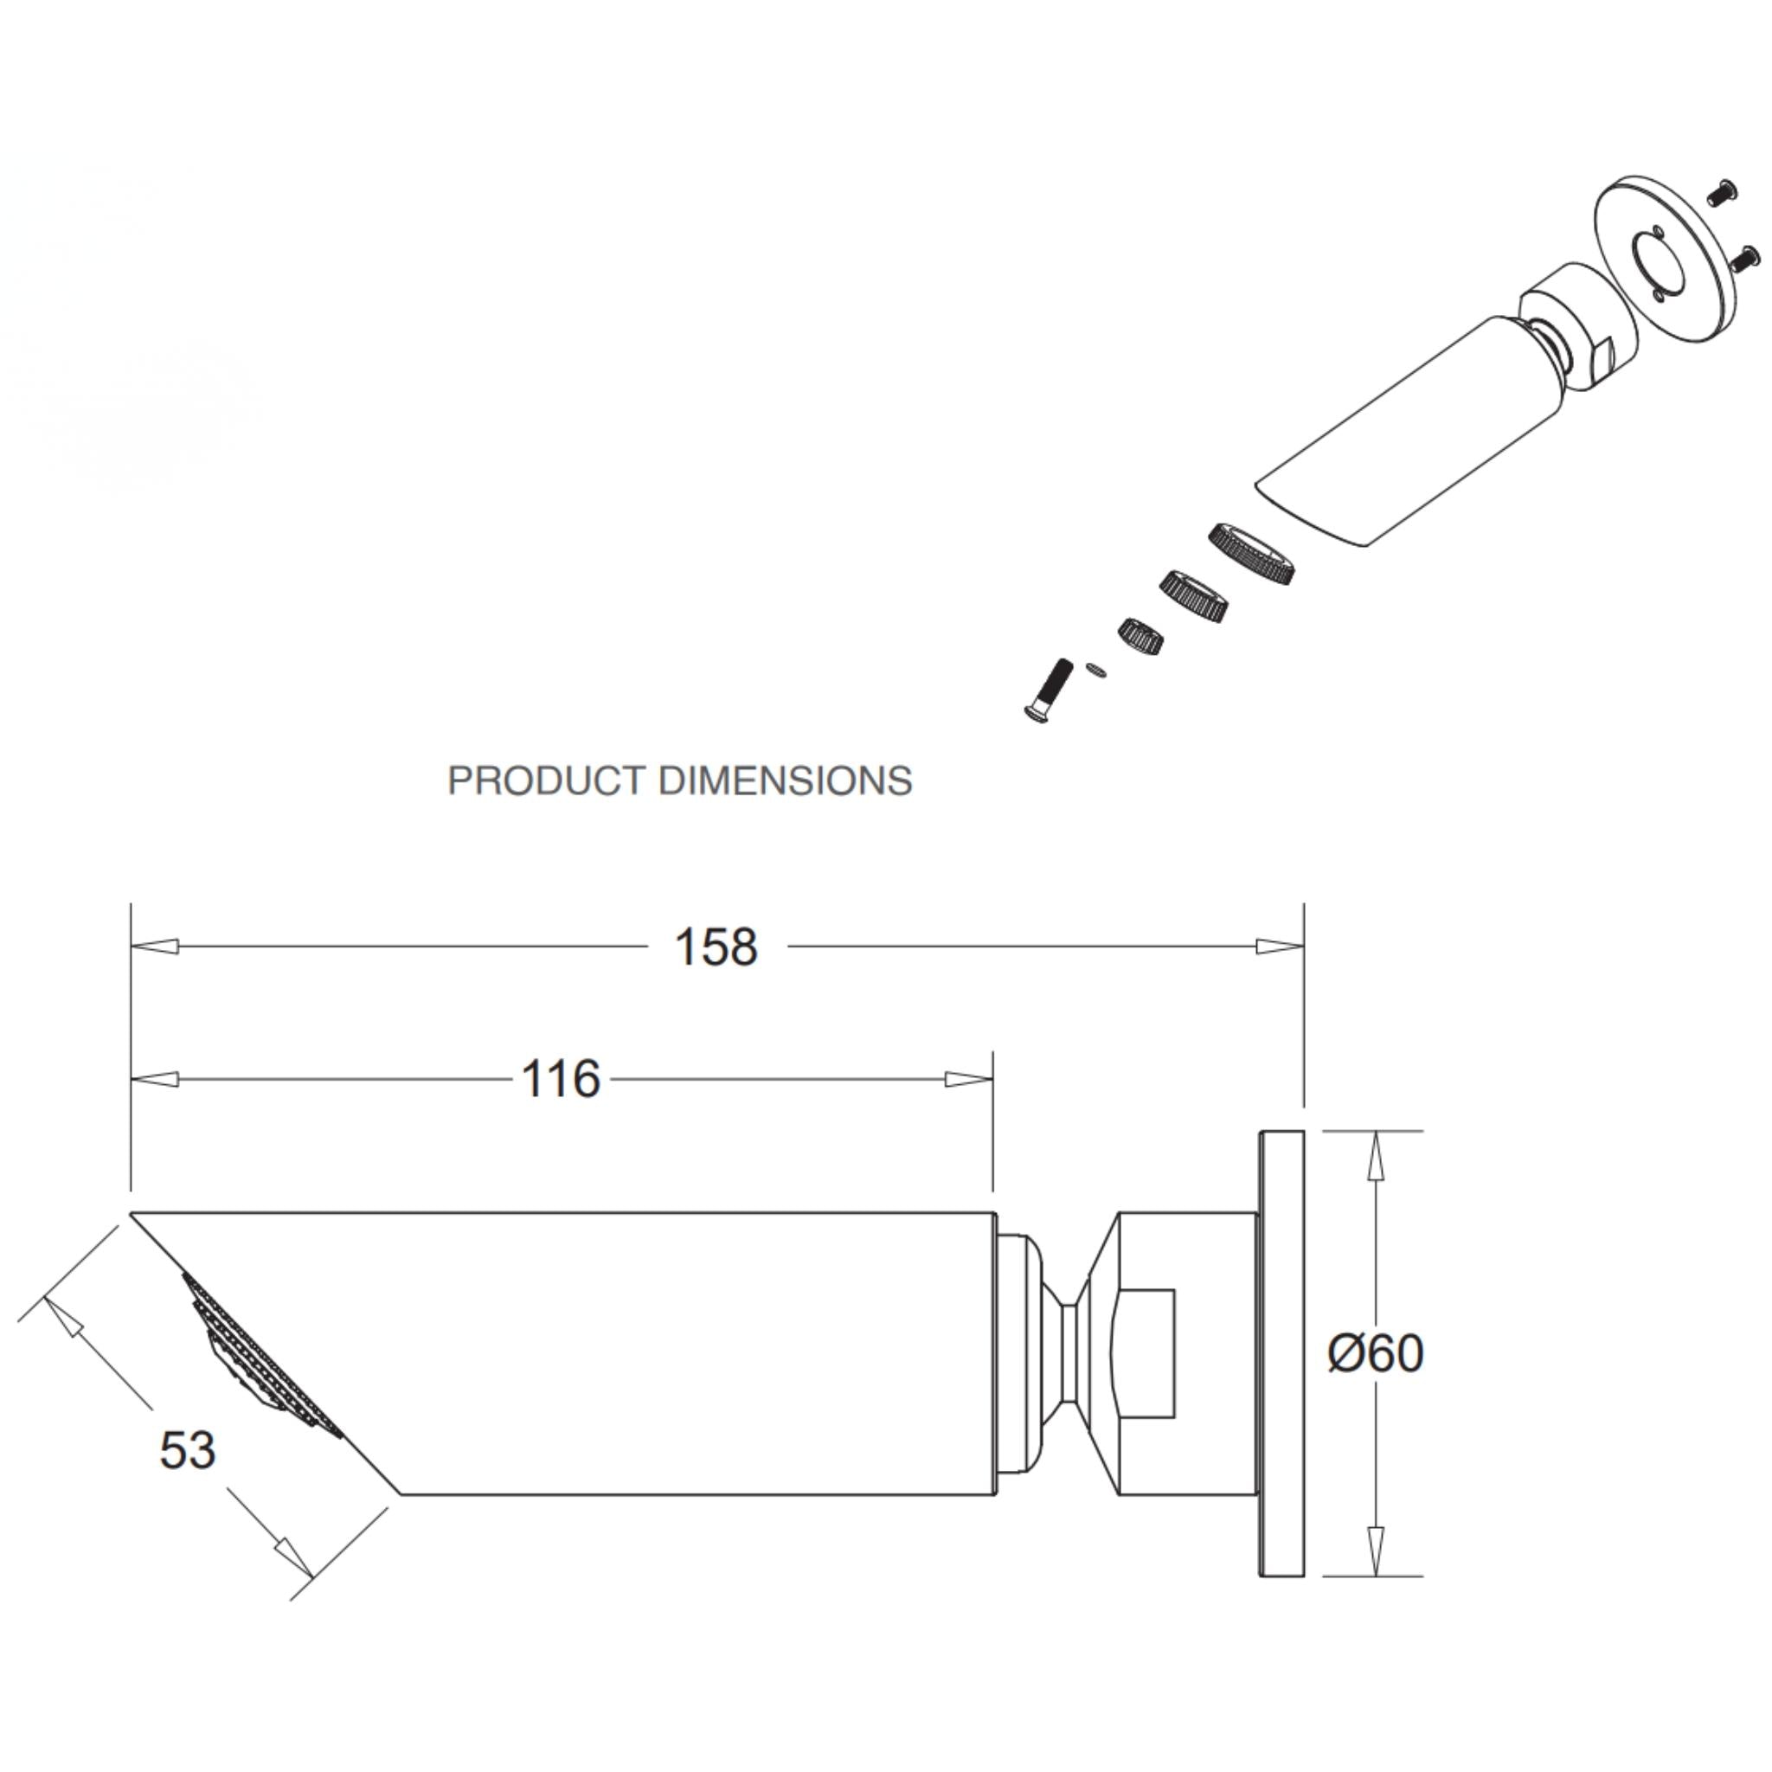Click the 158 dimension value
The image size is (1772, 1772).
tap(716, 947)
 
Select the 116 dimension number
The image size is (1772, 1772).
tap(561, 1080)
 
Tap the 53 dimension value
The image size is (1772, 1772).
tap(187, 1450)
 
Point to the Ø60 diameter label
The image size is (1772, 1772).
tap(1376, 1353)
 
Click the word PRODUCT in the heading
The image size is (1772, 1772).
tap(546, 780)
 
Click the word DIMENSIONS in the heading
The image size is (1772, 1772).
tap(786, 780)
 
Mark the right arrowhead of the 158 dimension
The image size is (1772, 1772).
tap(1280, 947)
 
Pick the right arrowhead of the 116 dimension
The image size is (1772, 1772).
tap(968, 1080)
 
